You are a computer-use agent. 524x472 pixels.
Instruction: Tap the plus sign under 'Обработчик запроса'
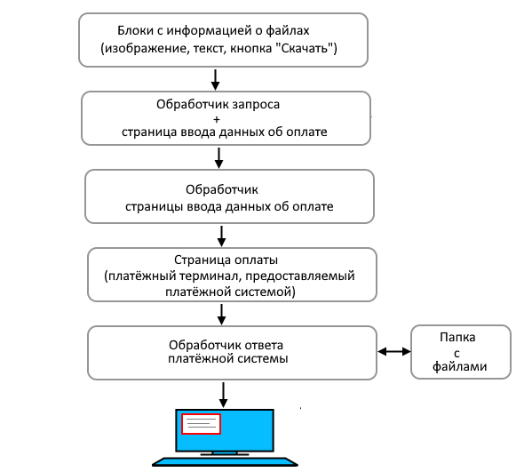(218, 118)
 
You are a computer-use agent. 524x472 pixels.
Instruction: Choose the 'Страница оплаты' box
(231, 276)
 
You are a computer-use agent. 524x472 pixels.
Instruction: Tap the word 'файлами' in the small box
(460, 365)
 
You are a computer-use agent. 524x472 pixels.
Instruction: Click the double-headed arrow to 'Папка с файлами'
(393, 351)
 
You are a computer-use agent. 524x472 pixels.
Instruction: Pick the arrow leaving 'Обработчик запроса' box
(218, 157)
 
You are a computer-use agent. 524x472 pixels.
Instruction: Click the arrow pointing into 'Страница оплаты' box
(221, 236)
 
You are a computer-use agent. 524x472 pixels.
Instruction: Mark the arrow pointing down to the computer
(223, 393)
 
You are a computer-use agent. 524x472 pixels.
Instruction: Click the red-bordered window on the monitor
(201, 424)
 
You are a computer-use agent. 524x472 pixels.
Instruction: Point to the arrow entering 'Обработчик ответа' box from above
(221, 314)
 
